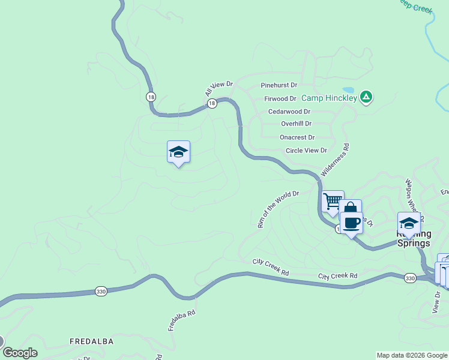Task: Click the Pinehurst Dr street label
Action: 279,86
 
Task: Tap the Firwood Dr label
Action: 280,98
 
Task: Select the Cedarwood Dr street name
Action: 289,112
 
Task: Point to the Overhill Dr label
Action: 297,124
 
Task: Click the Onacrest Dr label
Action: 297,137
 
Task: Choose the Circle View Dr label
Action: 306,151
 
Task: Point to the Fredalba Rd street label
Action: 181,321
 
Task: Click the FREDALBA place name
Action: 91,341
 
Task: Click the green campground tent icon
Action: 366,96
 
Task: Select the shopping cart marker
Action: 332,200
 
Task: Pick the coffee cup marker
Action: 352,223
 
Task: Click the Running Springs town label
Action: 414,239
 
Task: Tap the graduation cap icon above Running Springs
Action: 409,223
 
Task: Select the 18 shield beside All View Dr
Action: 212,104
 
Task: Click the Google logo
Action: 20,353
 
